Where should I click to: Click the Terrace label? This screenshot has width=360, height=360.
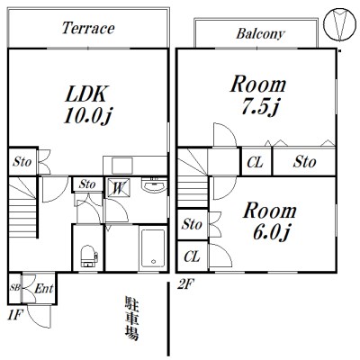point(88,28)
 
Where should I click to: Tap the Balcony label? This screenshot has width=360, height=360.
point(260,33)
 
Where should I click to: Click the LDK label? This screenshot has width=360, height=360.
point(85,94)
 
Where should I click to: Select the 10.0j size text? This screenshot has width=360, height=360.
point(87,116)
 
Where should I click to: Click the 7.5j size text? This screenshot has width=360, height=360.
point(260,106)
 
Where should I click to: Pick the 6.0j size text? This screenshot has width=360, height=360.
point(271,232)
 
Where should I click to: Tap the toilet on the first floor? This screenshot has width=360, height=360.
point(89,256)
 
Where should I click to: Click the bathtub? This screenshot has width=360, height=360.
point(153,248)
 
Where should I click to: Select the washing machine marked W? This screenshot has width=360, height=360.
point(119,188)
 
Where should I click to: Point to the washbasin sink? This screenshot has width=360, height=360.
point(154,184)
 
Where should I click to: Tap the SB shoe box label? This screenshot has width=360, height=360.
point(14,288)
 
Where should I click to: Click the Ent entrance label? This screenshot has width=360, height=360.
point(44,289)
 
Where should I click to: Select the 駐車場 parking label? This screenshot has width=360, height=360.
point(131,319)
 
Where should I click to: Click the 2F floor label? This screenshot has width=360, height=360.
point(185,283)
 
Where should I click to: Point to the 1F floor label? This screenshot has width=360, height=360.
point(15,315)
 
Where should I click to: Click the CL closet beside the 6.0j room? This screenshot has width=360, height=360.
point(192,256)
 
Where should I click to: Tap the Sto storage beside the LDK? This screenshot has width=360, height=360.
point(22,162)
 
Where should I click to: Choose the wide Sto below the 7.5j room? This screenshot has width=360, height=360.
point(304,162)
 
